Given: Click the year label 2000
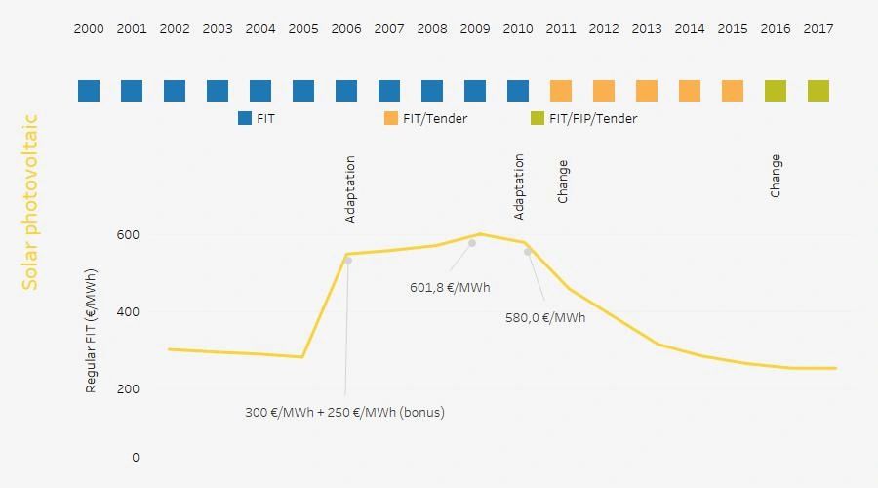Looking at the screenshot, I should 89,29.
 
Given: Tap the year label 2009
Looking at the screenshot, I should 475,29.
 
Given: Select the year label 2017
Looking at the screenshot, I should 818,29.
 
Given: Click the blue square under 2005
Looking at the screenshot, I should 303,91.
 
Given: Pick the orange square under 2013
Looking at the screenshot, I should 647,91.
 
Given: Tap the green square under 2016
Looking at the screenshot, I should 776,91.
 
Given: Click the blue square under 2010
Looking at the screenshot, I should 518,91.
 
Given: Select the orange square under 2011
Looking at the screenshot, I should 561,91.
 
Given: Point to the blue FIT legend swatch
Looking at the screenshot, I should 245,119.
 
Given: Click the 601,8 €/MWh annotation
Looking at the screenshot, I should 450,288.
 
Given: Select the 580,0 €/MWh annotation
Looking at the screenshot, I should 545,317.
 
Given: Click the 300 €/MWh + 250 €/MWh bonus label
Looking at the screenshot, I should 344,412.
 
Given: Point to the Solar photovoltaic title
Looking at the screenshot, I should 30,202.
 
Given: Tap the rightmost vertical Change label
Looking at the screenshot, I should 776,176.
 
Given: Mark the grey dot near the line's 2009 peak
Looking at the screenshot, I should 472,243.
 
